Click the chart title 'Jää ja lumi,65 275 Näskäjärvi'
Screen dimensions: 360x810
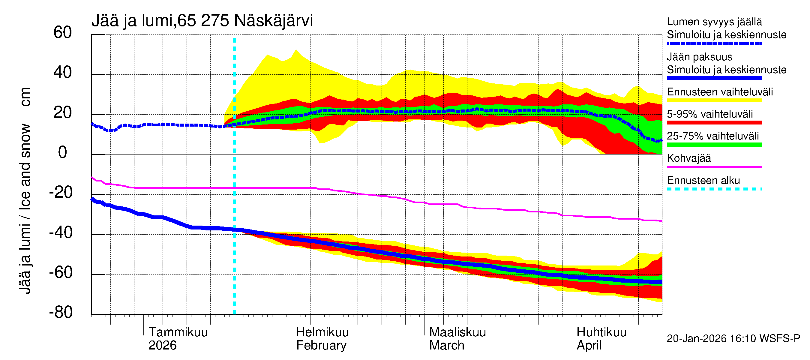click(202, 21)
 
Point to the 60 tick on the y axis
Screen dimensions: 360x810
click(63, 33)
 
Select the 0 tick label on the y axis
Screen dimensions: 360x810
click(63, 153)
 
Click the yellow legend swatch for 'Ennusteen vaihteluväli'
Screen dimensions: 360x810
click(714, 100)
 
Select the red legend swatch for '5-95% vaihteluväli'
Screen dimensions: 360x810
click(714, 123)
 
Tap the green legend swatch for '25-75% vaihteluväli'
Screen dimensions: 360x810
click(714, 145)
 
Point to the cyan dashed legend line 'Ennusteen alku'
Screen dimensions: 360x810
click(714, 189)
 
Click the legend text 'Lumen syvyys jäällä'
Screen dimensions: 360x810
click(714, 22)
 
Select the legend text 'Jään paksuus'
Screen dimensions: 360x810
click(699, 57)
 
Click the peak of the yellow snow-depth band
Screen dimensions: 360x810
click(296, 50)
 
